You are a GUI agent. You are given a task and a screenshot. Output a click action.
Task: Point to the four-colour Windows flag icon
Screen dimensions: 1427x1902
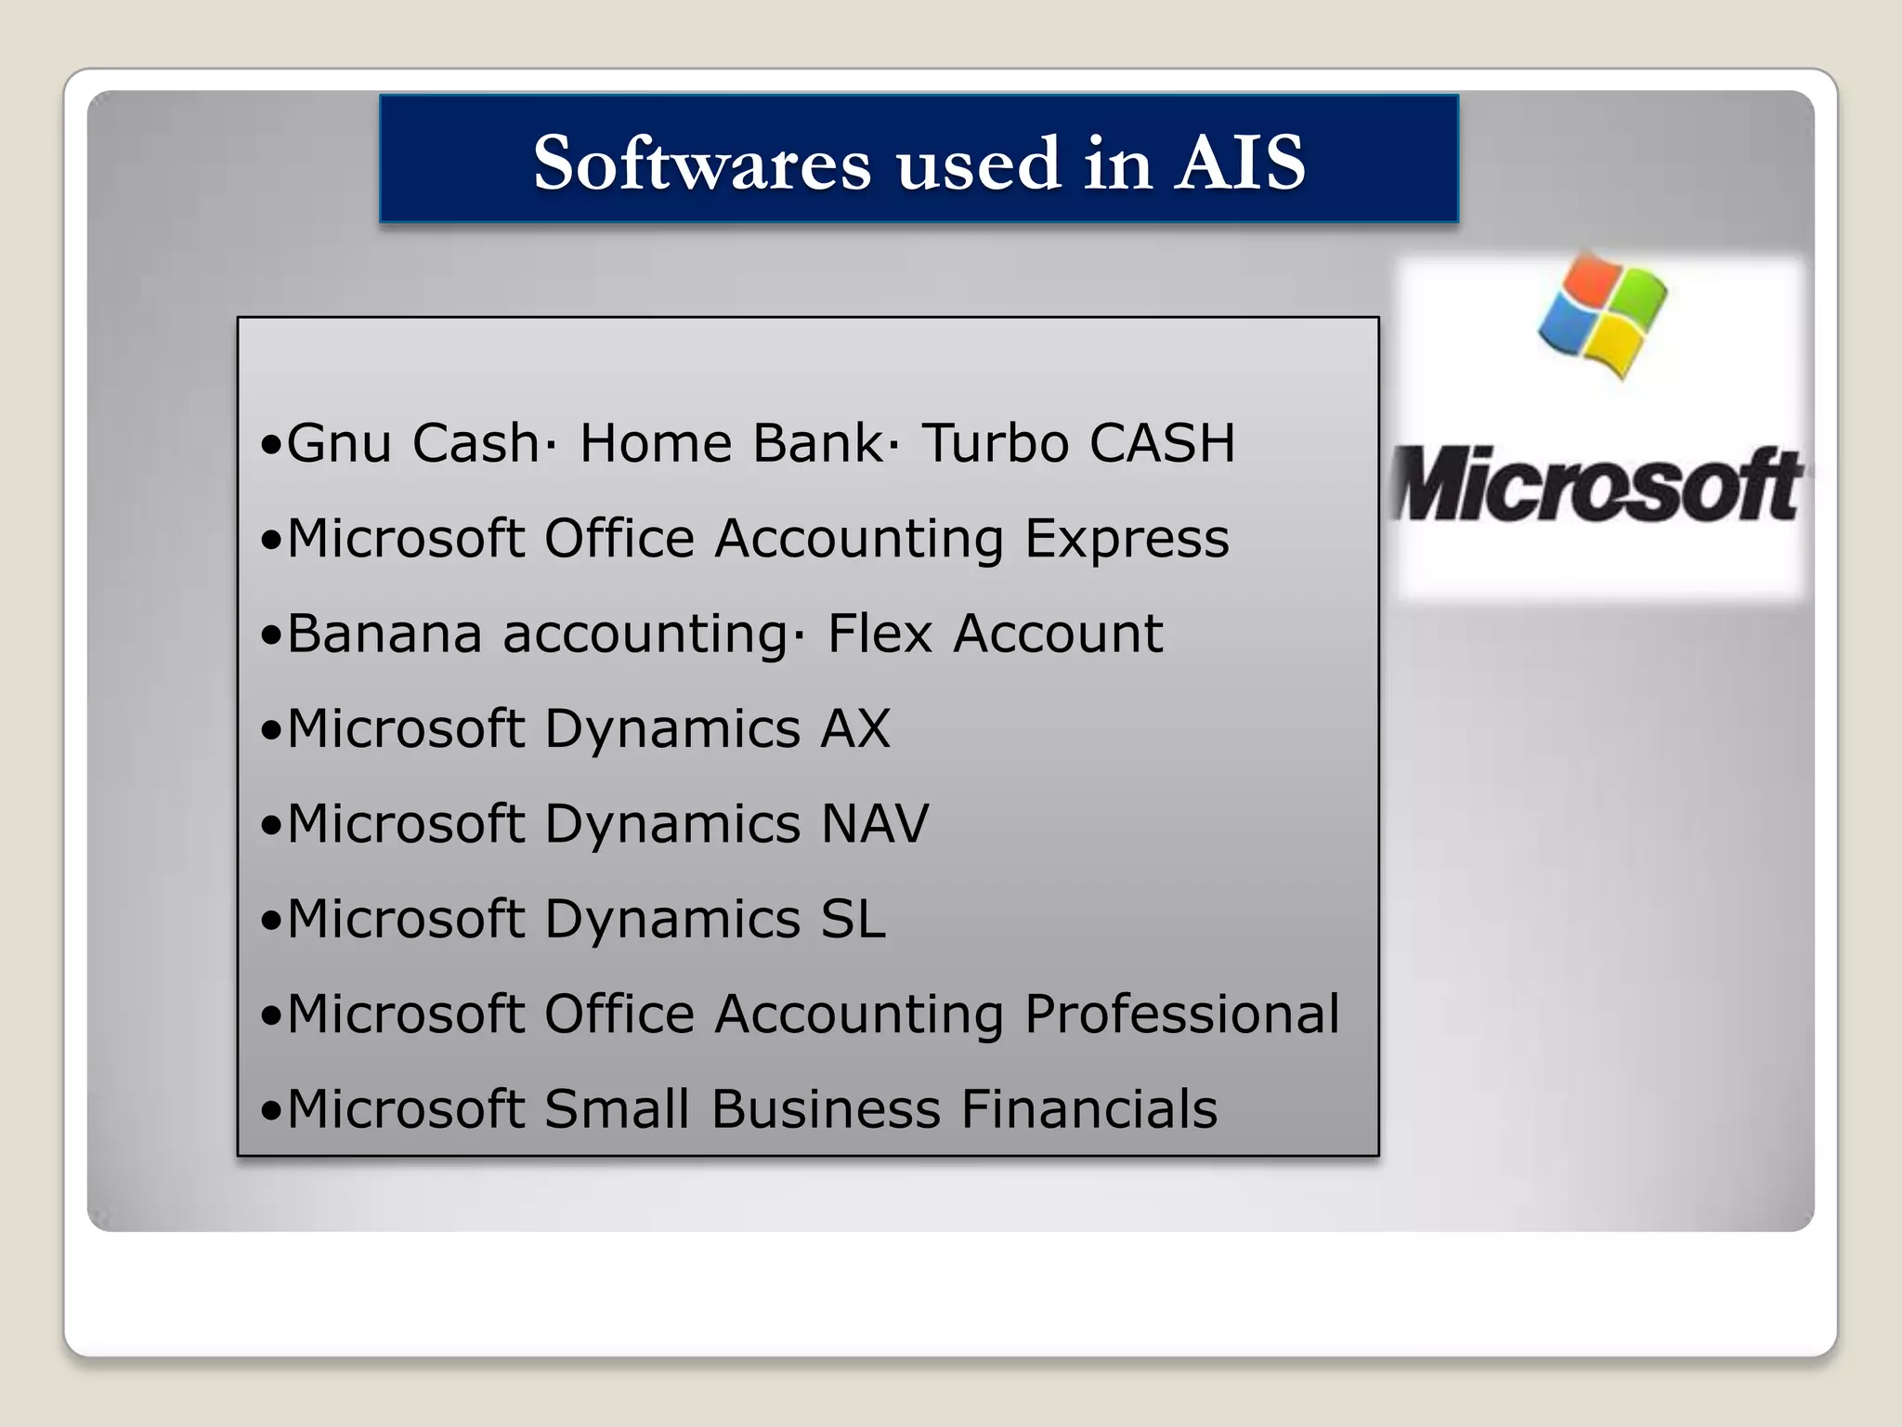tap(1602, 318)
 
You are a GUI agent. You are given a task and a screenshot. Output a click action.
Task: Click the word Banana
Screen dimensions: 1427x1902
tap(384, 634)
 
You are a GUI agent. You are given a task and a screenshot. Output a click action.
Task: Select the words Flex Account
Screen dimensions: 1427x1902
tap(995, 634)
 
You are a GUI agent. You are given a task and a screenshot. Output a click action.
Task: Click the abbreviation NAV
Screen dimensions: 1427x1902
tap(874, 824)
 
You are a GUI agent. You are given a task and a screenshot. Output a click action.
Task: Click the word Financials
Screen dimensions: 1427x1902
tap(1088, 1109)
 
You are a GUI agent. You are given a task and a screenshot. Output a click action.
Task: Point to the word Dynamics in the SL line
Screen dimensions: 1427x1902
tap(671, 921)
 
